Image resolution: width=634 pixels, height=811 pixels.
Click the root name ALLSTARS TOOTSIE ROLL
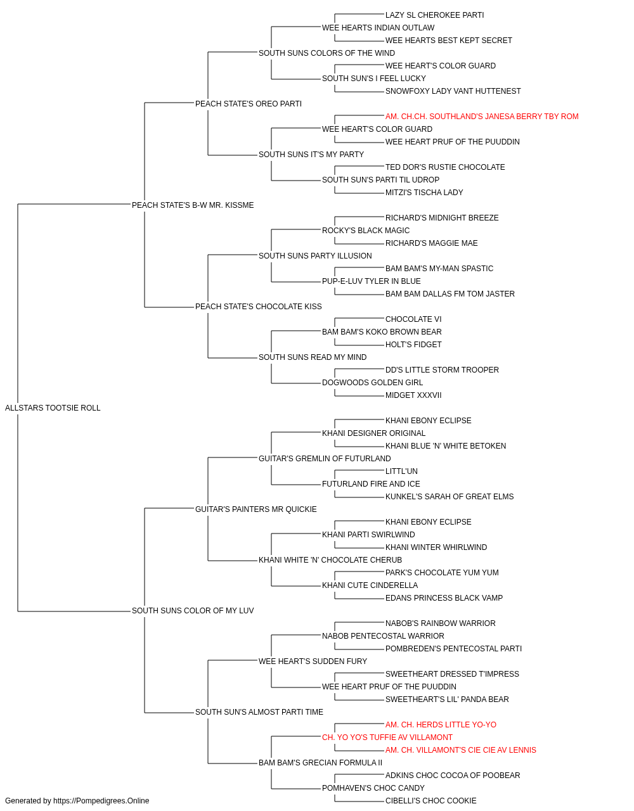pyautogui.click(x=53, y=408)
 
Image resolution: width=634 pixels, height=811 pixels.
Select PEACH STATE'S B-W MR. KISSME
pyautogui.click(x=193, y=205)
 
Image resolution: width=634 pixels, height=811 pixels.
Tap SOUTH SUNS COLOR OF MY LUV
pyautogui.click(x=193, y=611)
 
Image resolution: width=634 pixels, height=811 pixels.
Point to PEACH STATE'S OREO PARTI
pyautogui.click(x=249, y=104)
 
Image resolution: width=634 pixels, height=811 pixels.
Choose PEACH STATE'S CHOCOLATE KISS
pyautogui.click(x=259, y=307)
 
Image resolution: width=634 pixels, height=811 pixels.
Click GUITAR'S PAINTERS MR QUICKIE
pyautogui.click(x=256, y=509)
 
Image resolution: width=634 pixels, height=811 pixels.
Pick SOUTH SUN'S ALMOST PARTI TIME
pyautogui.click(x=259, y=712)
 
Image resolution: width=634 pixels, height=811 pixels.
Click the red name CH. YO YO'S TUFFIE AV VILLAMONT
pyautogui.click(x=387, y=737)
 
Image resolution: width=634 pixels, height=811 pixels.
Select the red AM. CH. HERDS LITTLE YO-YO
pyautogui.click(x=441, y=724)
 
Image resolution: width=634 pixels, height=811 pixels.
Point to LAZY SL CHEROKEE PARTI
pyautogui.click(x=435, y=15)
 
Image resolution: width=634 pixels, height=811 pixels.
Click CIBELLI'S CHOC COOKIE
pyautogui.click(x=431, y=801)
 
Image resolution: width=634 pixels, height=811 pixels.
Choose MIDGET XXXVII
pyautogui.click(x=413, y=395)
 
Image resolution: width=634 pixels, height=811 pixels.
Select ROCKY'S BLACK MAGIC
pyautogui.click(x=366, y=230)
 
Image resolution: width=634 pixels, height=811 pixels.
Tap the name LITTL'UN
pyautogui.click(x=401, y=471)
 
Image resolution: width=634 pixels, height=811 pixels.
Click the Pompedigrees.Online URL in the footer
pyautogui.click(x=101, y=801)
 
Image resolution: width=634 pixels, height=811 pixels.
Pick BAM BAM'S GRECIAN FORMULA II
pyautogui.click(x=320, y=762)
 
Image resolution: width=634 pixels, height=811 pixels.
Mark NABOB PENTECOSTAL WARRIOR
pyautogui.click(x=383, y=635)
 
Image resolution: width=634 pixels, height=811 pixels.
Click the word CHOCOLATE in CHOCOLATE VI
pyautogui.click(x=409, y=319)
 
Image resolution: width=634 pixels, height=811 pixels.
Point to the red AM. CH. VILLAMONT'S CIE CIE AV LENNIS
pyautogui.click(x=461, y=750)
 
